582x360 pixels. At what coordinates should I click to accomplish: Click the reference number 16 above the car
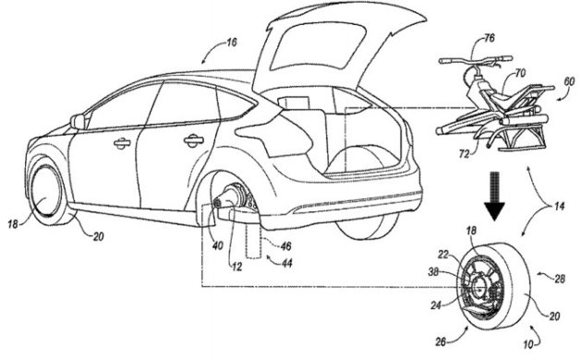click(x=231, y=42)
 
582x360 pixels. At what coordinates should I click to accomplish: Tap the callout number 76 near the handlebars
click(x=490, y=38)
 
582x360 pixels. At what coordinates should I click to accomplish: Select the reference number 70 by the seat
click(x=520, y=73)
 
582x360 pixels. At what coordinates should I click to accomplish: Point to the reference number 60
click(x=569, y=81)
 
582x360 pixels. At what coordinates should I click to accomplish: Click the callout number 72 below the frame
click(x=464, y=153)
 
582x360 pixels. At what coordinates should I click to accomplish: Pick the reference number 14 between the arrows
click(x=559, y=206)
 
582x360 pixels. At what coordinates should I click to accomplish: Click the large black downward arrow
click(x=494, y=196)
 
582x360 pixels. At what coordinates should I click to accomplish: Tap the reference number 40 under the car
click(x=217, y=245)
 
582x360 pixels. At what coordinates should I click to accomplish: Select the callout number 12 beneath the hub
click(x=236, y=266)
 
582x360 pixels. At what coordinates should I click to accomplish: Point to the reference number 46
click(x=285, y=246)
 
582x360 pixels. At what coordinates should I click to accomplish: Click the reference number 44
click(x=286, y=263)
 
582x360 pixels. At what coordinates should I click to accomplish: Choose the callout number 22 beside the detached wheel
click(x=443, y=255)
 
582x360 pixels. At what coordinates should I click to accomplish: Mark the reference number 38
click(x=433, y=271)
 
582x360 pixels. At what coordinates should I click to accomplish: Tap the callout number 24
click(x=436, y=305)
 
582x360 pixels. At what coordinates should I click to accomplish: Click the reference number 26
click(x=441, y=342)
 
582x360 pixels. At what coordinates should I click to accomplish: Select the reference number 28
click(x=559, y=279)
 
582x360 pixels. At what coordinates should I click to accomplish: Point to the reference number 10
click(x=528, y=344)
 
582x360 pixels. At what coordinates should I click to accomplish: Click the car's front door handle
click(x=122, y=143)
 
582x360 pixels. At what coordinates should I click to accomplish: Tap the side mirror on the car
click(x=78, y=122)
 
